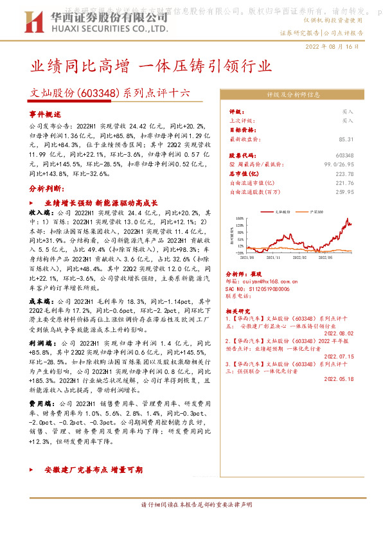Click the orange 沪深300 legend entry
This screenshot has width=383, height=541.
(x=314, y=211)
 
